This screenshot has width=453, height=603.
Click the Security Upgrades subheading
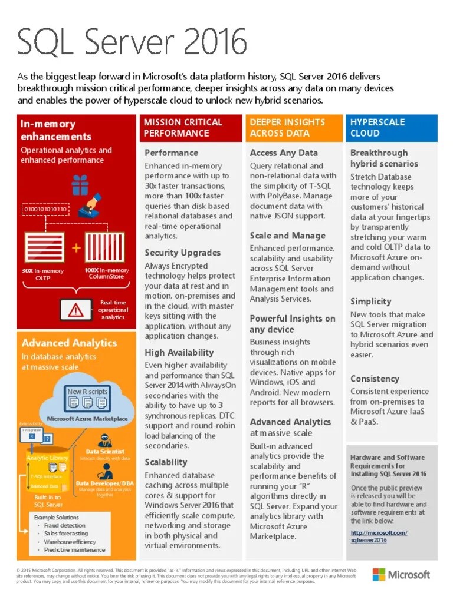click(183, 253)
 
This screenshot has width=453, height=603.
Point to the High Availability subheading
click(179, 353)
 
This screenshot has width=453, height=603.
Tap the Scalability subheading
click(166, 462)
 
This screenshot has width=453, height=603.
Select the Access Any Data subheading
click(284, 153)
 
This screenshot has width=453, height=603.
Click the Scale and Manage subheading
click(287, 236)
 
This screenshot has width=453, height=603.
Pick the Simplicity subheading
click(371, 301)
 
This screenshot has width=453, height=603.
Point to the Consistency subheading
click(375, 379)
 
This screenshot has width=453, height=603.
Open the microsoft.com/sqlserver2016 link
click(378, 536)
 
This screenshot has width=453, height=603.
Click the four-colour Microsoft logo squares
click(379, 575)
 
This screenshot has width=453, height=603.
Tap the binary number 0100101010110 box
click(45, 209)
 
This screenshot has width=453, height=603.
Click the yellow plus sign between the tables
click(76, 248)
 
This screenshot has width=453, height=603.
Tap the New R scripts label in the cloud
click(87, 392)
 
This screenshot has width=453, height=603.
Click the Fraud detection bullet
click(64, 525)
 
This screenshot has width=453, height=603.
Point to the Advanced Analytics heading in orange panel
click(69, 343)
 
